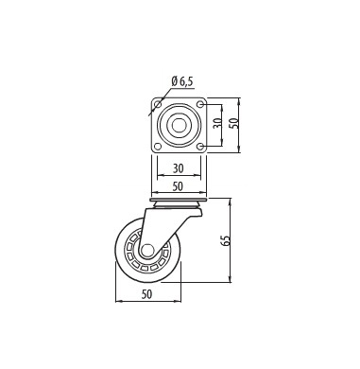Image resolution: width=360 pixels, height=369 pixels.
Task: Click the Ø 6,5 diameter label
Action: pyautogui.click(x=182, y=81)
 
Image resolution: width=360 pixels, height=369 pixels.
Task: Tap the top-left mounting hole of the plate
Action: pyautogui.click(x=158, y=104)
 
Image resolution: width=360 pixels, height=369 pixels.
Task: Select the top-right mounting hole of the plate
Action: pyautogui.click(x=200, y=104)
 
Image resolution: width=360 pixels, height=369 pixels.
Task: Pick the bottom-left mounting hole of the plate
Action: pyautogui.click(x=158, y=147)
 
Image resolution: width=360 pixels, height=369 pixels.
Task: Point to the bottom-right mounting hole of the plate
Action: pyautogui.click(x=200, y=147)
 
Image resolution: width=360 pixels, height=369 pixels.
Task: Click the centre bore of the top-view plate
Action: pyautogui.click(x=179, y=125)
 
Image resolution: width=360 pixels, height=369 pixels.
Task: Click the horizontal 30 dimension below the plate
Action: pyautogui.click(x=178, y=168)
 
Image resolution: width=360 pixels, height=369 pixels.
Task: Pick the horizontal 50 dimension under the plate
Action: pyautogui.click(x=178, y=186)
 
